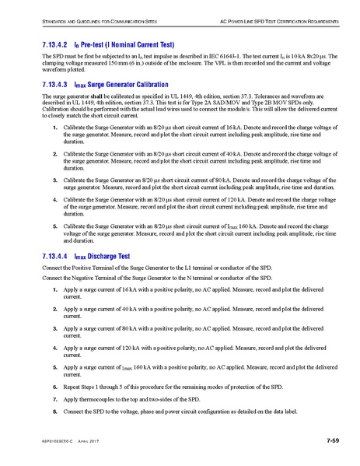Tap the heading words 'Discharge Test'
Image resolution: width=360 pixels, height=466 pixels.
[x=109, y=255]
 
